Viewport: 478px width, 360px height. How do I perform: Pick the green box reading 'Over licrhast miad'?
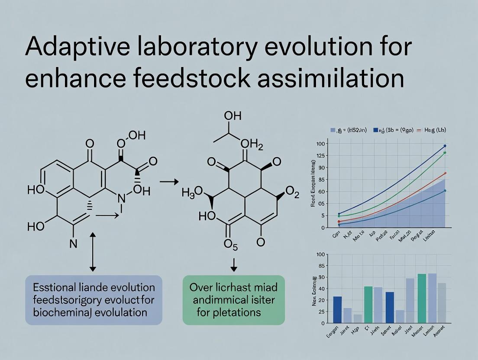pos(234,300)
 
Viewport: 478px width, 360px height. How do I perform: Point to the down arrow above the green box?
pos(234,265)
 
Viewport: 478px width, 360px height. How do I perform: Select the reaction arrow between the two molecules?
pos(169,182)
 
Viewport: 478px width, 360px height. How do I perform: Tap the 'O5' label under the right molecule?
pos(231,244)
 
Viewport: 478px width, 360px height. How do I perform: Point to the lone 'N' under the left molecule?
pos(73,244)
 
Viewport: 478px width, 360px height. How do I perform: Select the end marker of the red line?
pos(445,173)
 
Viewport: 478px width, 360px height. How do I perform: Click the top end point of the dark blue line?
pos(445,146)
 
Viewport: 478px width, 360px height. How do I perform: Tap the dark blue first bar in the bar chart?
pos(337,309)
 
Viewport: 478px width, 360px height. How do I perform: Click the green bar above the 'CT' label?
pos(368,304)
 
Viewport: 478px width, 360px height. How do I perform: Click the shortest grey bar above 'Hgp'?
pos(358,318)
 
